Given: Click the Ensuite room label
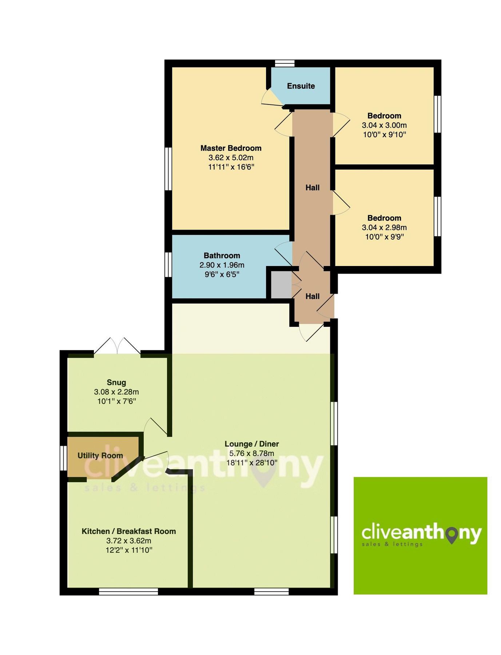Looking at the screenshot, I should coord(301,86).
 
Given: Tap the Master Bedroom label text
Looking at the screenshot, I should coord(231,148).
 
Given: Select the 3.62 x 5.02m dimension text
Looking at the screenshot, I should coord(231,158).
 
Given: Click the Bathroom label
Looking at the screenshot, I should coord(222,255).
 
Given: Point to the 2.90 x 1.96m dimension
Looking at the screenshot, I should coord(222,265).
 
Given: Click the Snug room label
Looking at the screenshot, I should coord(116,382).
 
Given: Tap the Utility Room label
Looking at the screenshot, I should coord(100,456).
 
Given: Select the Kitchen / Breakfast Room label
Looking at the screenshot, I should coord(128,531).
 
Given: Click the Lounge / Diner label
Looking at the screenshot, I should coord(251,444).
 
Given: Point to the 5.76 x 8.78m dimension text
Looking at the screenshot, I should coord(251,453).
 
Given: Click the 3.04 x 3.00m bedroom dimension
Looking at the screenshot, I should coord(384,125).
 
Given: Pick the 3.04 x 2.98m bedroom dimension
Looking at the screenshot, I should coord(384,227).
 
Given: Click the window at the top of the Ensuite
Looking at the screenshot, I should coord(285,63).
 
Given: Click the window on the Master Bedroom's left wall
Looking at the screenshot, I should coord(168,168).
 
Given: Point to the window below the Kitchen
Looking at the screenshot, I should coord(128,592).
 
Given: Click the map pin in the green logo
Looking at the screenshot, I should coord(452,535).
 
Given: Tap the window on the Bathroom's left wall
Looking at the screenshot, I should coord(168,265).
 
